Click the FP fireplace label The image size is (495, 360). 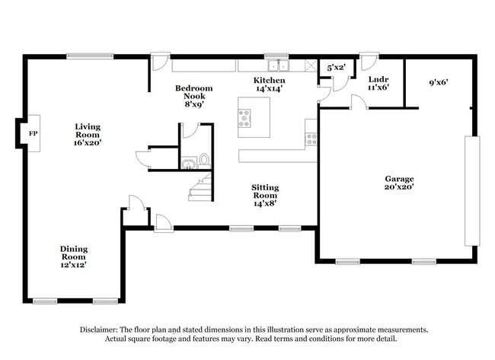32,133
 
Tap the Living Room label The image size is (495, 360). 88,134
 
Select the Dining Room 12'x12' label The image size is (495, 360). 74,256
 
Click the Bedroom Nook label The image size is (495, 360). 193,96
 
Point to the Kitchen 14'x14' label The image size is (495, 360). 270,84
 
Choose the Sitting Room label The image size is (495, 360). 265,195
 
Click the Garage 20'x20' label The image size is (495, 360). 399,183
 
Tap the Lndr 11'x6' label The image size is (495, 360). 378,83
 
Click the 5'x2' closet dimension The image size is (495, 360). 336,68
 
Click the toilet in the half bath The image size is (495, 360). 203,161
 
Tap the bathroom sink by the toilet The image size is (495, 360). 187,162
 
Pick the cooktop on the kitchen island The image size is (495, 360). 244,116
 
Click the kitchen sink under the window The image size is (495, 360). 277,65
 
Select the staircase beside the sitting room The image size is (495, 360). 200,187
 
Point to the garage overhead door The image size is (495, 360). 472,190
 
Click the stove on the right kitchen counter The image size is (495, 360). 311,139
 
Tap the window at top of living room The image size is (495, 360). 90,56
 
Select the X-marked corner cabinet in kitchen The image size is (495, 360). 310,65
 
